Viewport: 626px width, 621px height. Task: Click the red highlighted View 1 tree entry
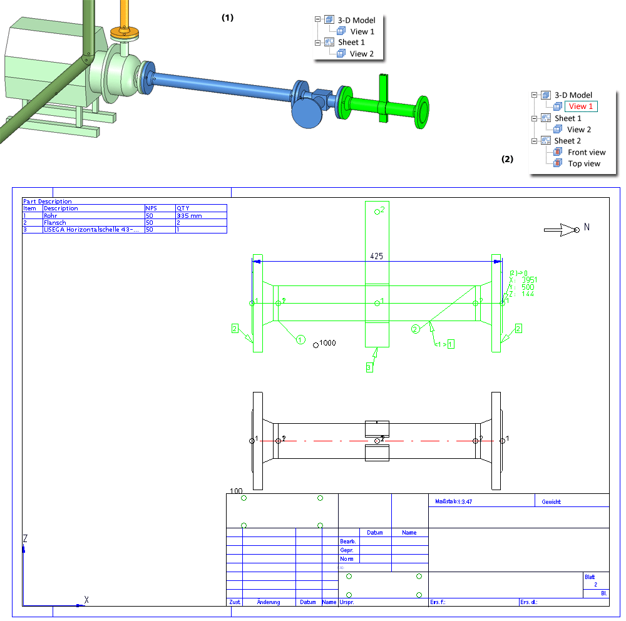(x=580, y=106)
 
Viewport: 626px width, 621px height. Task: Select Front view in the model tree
(x=587, y=152)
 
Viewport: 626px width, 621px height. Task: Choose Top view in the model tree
(x=583, y=163)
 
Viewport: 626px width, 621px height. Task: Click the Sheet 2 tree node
(x=567, y=141)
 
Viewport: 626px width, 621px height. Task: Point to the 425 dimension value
(x=376, y=256)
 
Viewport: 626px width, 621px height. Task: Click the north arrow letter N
(x=587, y=228)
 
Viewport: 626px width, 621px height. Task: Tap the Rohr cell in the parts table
(x=51, y=215)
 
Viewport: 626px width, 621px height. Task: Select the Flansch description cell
(x=54, y=222)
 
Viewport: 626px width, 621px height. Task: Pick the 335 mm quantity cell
(x=189, y=215)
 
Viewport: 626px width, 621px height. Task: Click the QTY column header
(x=183, y=208)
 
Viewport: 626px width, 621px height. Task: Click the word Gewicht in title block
(x=552, y=501)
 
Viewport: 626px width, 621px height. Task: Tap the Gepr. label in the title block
(x=347, y=550)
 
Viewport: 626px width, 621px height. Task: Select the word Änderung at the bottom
(x=269, y=602)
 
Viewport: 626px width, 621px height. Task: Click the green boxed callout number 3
(x=369, y=368)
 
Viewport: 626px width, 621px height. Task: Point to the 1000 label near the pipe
(x=327, y=343)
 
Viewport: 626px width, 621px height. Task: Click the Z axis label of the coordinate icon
(x=25, y=538)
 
